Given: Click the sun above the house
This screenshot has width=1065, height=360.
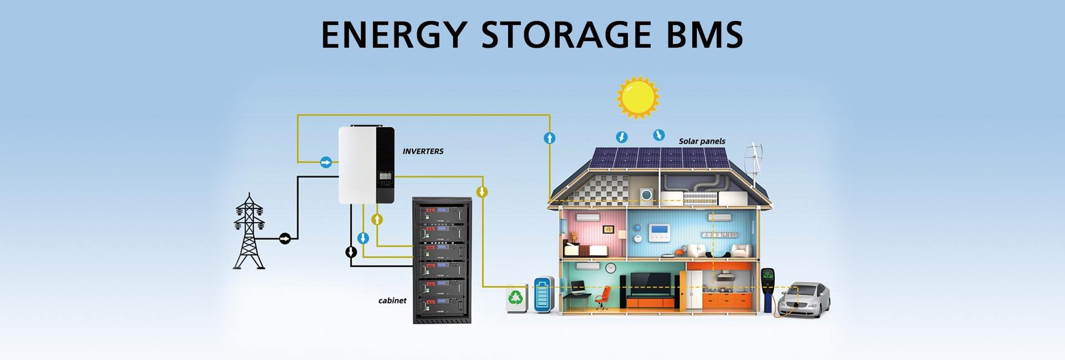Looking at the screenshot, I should pos(638,97).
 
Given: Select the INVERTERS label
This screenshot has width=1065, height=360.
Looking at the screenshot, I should pos(423,151).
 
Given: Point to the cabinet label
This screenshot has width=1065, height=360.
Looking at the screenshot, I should pos(392,301).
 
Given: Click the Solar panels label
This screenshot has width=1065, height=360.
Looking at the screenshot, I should pos(702,141).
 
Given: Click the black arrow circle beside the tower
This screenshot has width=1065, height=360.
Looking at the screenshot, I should pos(285,239).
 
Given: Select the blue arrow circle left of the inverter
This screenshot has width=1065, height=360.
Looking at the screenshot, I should pos(326,163).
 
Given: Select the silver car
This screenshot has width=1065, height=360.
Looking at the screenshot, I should pos(804,300).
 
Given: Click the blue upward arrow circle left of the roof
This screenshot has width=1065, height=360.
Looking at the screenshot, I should pos(549,138).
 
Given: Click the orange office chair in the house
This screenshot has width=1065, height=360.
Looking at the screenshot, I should pos(603,297).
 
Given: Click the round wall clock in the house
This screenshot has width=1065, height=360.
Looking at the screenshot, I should pos(611,267).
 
